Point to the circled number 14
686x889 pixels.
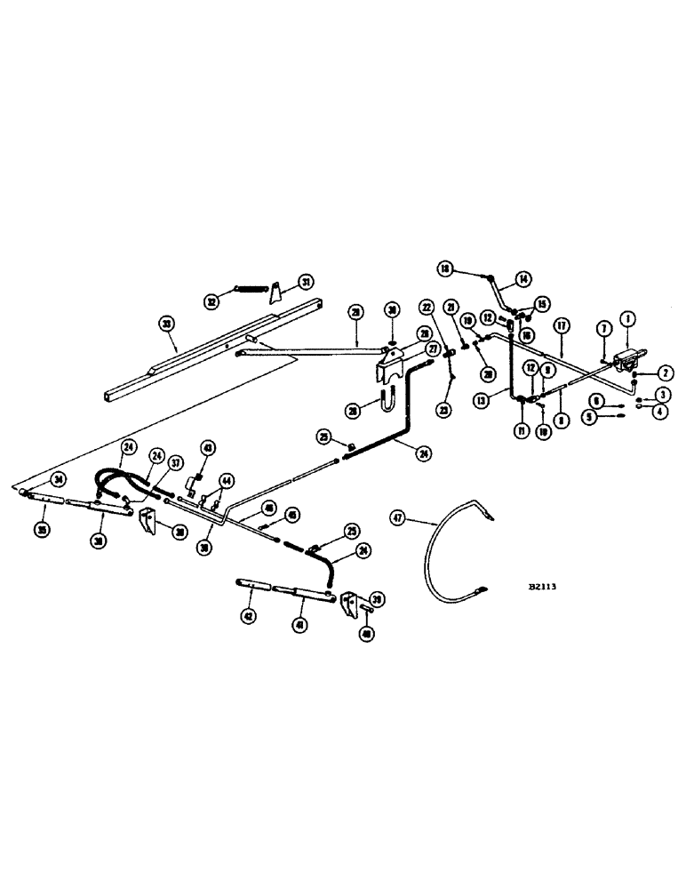(x=523, y=278)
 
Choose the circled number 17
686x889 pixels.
(x=562, y=324)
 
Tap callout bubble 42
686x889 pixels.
(x=248, y=615)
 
